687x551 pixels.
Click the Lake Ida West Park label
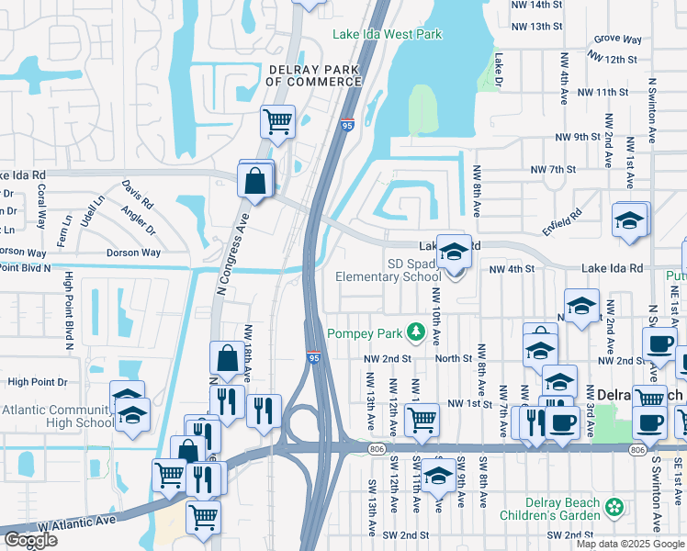point(387,35)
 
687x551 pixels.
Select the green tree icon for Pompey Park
point(416,330)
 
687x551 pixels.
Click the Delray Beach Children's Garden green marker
point(614,507)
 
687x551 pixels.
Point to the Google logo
point(30,540)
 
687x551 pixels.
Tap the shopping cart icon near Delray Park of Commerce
point(277,121)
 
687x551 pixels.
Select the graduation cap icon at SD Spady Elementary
point(453,252)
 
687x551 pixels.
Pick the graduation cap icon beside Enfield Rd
point(630,221)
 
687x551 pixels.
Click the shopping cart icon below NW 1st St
point(422,420)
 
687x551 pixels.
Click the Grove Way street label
point(617,39)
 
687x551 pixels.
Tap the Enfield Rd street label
point(561,222)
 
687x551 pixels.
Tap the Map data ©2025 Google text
point(629,544)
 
